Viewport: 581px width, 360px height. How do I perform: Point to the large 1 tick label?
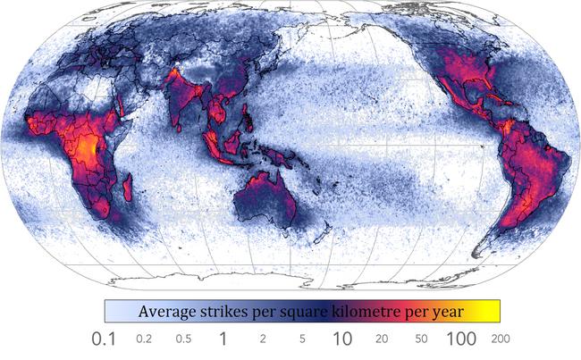point(223,339)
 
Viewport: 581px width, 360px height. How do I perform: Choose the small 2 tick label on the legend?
point(263,340)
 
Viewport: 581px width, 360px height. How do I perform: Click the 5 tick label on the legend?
point(303,340)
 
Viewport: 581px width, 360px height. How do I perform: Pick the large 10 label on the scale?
point(341,339)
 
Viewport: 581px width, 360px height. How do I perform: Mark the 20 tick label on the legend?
point(382,340)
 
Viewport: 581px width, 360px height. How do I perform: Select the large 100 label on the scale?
point(460,339)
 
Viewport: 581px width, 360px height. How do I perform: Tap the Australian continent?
point(265,200)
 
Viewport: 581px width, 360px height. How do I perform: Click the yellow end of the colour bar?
point(492,311)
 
